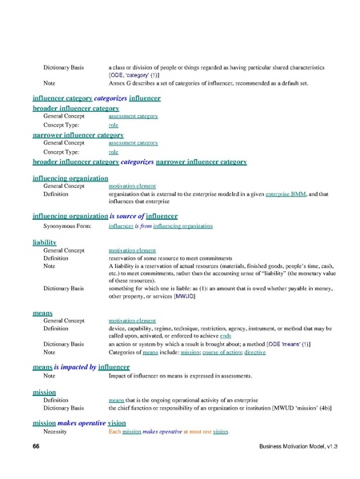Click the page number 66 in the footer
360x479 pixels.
pyautogui.click(x=36, y=444)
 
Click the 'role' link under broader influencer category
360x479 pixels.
pyautogui.click(x=113, y=126)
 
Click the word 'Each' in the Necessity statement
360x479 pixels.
pyautogui.click(x=114, y=431)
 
